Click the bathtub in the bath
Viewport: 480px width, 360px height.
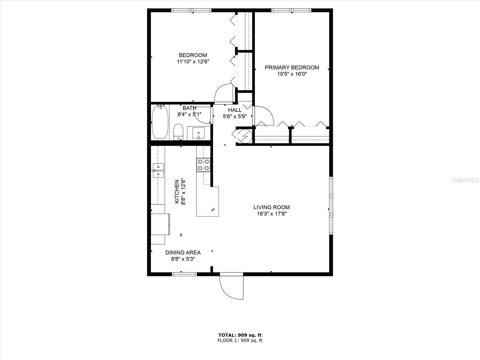click(x=160, y=122)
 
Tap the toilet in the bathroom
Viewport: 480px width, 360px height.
click(x=178, y=132)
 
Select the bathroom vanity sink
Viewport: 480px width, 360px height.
click(x=199, y=133)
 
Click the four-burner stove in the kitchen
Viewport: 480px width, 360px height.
click(x=203, y=165)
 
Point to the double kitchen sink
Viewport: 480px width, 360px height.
click(x=158, y=170)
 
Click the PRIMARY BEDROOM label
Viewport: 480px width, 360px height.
click(x=292, y=67)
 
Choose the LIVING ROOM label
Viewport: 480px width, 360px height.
click(x=271, y=207)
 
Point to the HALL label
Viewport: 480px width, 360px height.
click(x=235, y=110)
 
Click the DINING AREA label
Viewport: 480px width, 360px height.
click(x=183, y=253)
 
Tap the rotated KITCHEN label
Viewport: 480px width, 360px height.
click(x=177, y=191)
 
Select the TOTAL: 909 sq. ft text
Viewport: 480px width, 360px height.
click(x=240, y=335)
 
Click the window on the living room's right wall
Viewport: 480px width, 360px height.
click(x=331, y=206)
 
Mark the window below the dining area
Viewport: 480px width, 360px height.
click(x=184, y=274)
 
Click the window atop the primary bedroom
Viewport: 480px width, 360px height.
click(x=291, y=10)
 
